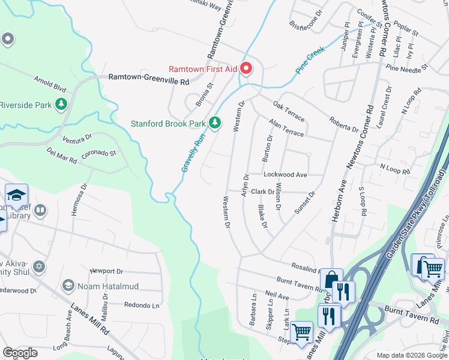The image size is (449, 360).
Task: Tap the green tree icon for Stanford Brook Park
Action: tap(215, 124)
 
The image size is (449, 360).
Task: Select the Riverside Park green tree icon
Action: tap(61, 105)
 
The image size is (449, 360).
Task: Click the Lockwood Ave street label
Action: tap(285, 175)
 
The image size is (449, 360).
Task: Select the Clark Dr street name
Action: tap(262, 192)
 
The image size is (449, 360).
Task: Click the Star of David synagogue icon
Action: tap(40, 266)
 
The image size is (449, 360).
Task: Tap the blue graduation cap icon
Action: tap(16, 194)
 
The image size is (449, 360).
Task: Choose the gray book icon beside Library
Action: tap(40, 211)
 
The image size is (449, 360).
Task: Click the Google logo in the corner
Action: tap(20, 352)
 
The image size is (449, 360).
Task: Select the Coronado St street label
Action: tap(98, 154)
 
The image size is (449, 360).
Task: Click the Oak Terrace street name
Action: tap(288, 112)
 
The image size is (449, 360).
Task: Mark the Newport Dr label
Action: tap(106, 272)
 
